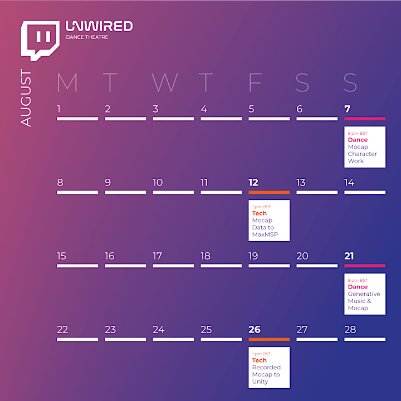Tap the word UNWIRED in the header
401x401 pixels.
pos(99,26)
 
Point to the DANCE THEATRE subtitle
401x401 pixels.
pos(87,37)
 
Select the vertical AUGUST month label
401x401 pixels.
pos(26,97)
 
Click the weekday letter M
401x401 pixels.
pos(67,82)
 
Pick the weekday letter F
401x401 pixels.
pos(255,82)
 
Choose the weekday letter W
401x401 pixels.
pos(165,82)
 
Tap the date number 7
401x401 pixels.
pos(348,109)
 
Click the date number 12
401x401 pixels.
pos(253,183)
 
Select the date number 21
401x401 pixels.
pos(349,256)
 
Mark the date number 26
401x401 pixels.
pos(255,329)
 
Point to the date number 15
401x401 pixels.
pos(61,256)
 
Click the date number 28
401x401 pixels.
pos(350,329)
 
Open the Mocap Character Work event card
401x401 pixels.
pos(365,147)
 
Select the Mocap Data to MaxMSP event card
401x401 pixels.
pos(269,221)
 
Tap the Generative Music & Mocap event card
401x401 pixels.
pos(365,294)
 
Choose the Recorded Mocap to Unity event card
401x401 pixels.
pos(269,368)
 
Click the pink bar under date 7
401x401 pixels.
pos(365,119)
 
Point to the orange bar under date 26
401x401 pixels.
pos(269,339)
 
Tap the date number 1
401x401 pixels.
pos(58,109)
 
